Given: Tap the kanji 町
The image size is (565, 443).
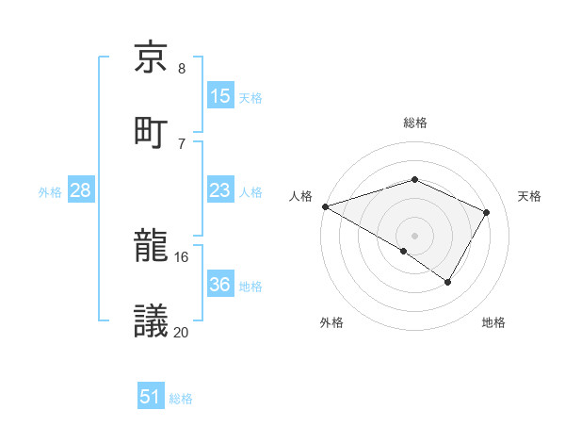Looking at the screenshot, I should tap(153, 131).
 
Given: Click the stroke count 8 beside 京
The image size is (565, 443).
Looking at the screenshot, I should tap(182, 69).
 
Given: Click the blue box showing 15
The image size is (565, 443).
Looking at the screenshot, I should tap(219, 96).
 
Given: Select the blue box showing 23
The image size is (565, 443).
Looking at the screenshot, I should tap(219, 191).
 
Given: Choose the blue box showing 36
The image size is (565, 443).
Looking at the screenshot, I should tap(219, 285).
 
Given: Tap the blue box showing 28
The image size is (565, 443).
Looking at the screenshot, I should tap(81, 191).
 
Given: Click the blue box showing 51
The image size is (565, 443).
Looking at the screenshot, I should tap(151, 397).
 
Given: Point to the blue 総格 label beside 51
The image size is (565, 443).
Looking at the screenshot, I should tap(181, 399).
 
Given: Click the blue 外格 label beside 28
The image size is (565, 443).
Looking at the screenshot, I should tap(50, 192).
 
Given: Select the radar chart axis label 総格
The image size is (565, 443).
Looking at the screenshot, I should tap(414, 123).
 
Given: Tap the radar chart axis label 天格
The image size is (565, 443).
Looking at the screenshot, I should tap(530, 196).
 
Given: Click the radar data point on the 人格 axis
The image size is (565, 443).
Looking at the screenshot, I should tap(325, 206).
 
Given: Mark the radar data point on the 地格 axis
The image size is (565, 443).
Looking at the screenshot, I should tap(448, 282).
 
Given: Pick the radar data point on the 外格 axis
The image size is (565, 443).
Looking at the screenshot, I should tap(404, 251).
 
